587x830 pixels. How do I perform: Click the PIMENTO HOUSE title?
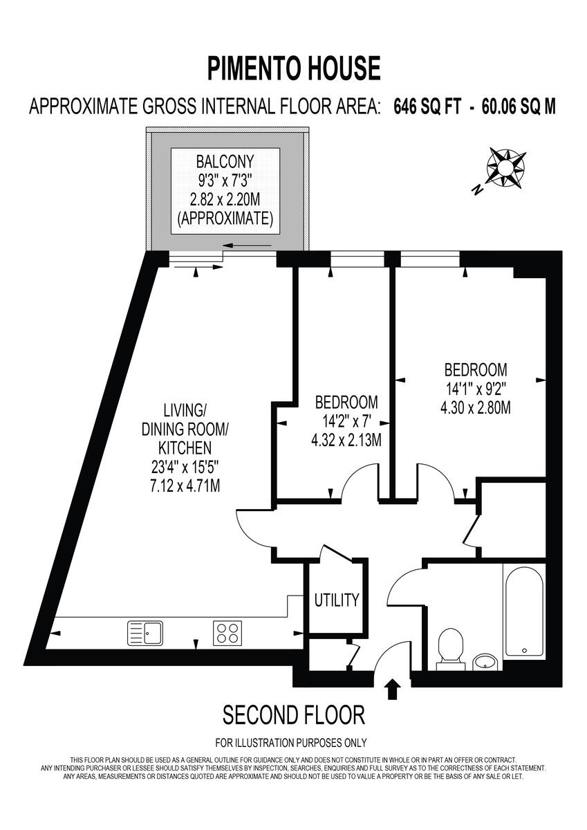click(294, 69)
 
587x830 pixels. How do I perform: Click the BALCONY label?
click(225, 163)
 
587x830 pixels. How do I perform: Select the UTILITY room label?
click(337, 600)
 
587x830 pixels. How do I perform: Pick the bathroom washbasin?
click(487, 662)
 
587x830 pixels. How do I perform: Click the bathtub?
click(525, 611)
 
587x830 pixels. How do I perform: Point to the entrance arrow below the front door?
click(392, 689)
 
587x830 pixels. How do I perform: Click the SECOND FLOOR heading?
click(293, 714)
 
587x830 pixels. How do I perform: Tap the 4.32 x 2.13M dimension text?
click(346, 440)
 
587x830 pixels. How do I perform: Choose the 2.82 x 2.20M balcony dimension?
click(225, 200)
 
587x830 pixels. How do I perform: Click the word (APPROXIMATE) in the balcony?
click(225, 219)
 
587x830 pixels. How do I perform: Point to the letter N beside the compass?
click(476, 189)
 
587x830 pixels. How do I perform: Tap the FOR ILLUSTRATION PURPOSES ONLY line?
click(291, 744)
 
